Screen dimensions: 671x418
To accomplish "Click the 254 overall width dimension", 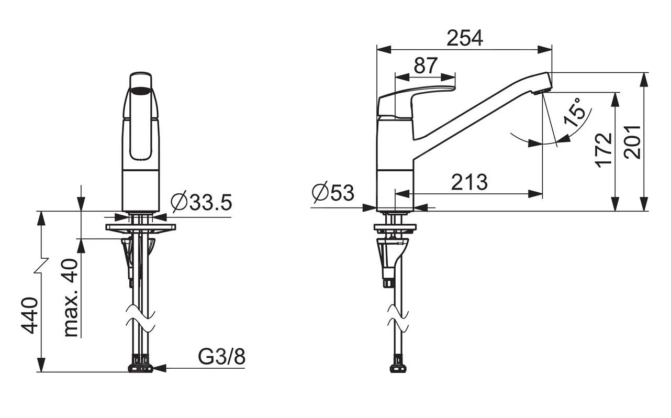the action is [465, 38].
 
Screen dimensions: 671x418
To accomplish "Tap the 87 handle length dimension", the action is [426, 65].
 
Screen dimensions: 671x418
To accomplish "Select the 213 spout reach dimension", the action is [469, 182].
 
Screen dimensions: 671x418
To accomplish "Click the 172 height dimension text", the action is [603, 150].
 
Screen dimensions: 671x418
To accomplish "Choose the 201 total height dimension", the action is [632, 142].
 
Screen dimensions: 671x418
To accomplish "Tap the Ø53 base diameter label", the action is [333, 192].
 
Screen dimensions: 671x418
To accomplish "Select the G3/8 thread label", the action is [221, 357].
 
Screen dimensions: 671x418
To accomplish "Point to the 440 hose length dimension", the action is [29, 315].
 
